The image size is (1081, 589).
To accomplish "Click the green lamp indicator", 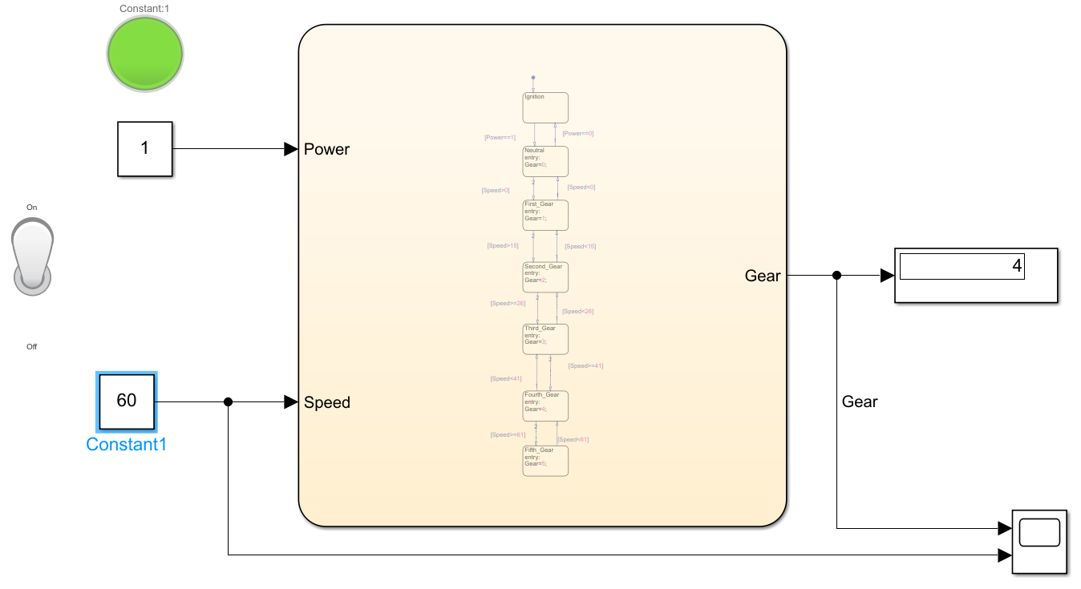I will pos(145,53).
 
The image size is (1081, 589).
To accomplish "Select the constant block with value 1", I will pos(145,149).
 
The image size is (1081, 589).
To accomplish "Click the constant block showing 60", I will pos(127,401).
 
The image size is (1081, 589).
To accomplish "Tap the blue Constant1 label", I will pos(127,445).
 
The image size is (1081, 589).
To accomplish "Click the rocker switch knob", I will pos(32,255).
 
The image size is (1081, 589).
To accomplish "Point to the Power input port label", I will pos(326,149).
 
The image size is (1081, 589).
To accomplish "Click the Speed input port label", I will pos(327,402).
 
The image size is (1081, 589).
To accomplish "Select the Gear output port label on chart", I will pos(763,276).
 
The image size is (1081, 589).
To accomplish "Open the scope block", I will pos(1039,541).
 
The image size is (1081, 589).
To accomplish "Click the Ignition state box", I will pos(545,107).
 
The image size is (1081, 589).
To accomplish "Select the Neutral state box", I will pos(545,161).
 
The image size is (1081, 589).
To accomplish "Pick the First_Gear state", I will pos(545,215).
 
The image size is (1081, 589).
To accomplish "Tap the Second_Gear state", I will pos(545,276).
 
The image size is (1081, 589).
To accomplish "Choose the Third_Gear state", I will pos(545,339).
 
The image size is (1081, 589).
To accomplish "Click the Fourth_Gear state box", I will pos(545,405).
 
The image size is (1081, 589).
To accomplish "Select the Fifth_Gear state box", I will pos(545,461).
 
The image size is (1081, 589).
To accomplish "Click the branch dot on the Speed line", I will pos(229,402).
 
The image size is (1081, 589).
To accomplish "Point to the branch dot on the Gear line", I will pos(836,276).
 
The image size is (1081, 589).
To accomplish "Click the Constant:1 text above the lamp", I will pos(144,8).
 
